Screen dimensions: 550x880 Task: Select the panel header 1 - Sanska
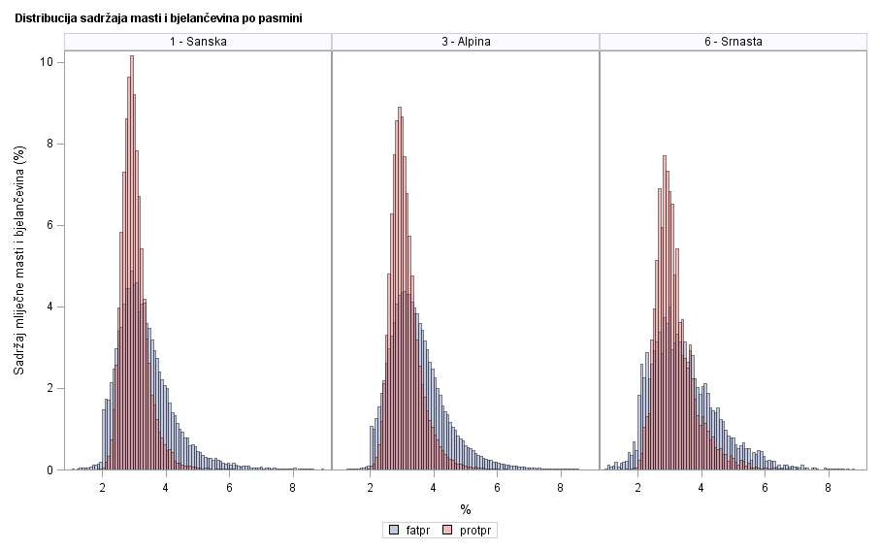[198, 41]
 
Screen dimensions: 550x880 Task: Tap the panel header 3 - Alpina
[466, 41]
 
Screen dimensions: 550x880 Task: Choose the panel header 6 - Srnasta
[733, 41]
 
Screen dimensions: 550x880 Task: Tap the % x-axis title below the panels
[466, 509]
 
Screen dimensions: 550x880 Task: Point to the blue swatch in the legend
[394, 531]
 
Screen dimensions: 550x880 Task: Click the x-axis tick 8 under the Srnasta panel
[828, 487]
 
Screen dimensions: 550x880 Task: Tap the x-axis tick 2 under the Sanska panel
[103, 487]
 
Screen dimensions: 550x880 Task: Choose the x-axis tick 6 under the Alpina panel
[497, 487]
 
